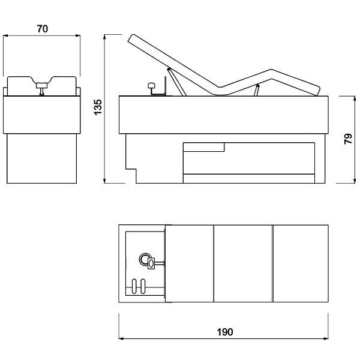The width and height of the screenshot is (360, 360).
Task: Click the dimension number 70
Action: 43,29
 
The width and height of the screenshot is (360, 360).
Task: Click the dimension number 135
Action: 98,107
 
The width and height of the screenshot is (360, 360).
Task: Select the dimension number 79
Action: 348,139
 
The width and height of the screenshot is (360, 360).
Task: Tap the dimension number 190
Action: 225,332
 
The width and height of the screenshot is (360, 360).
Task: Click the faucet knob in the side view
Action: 151,86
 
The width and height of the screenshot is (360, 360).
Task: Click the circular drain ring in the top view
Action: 145,259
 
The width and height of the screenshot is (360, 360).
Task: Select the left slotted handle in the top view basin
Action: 134,286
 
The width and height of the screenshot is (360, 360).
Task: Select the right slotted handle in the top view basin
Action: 143,286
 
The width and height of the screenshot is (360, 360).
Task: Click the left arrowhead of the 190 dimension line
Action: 121,338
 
